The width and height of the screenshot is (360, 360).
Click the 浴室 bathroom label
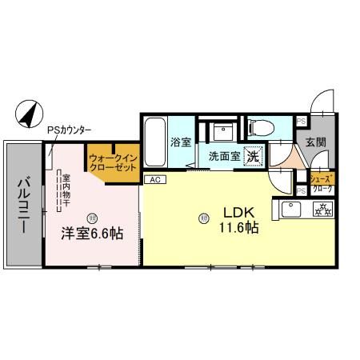point(180,143)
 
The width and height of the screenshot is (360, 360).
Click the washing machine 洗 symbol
point(253,157)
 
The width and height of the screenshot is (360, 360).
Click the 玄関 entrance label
point(314,143)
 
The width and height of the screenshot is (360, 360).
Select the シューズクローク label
point(322,183)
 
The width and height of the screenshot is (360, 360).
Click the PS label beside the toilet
point(302,121)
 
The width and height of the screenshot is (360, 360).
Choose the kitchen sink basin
point(290,211)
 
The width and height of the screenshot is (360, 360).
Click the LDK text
point(238,212)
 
